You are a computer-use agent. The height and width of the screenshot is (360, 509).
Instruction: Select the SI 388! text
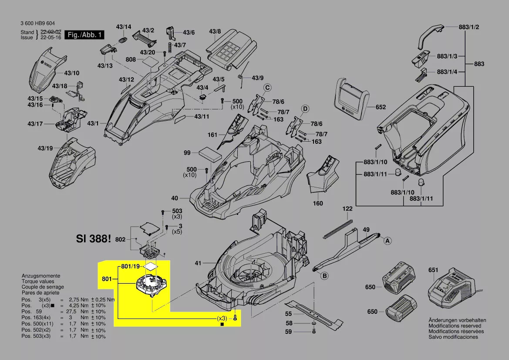click(x=94, y=239)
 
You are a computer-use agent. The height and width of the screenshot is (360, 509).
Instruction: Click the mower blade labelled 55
click(x=313, y=312)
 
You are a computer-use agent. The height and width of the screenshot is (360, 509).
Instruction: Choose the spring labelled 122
click(x=338, y=229)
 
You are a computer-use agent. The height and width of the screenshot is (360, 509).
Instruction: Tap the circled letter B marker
click(x=324, y=275)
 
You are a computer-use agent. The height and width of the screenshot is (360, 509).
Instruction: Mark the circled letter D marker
click(x=305, y=108)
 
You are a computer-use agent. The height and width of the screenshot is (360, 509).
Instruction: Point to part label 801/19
click(x=130, y=266)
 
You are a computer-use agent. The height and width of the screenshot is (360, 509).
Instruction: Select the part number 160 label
click(x=318, y=203)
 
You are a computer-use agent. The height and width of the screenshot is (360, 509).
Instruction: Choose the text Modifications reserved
click(x=455, y=326)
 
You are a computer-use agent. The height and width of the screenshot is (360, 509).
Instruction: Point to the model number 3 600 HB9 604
click(x=37, y=24)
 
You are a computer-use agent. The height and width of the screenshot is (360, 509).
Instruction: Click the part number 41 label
click(x=198, y=263)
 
